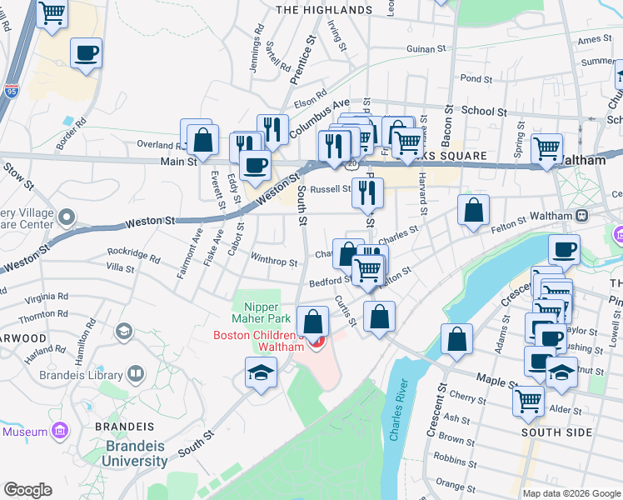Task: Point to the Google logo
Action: (27, 490)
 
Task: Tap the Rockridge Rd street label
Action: (133, 253)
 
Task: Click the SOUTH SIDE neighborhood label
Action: (556, 432)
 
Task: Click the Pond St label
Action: (476, 78)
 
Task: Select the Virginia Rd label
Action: (46, 297)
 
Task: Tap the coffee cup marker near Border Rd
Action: (86, 53)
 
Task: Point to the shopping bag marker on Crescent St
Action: (456, 339)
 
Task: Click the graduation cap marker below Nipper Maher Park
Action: (261, 372)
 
